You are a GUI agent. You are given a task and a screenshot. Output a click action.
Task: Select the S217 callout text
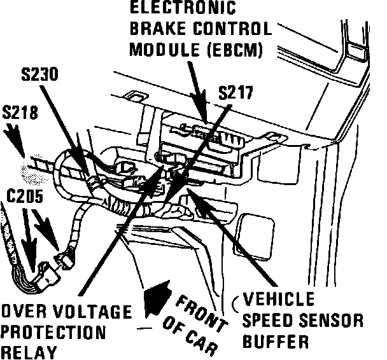tap(235, 93)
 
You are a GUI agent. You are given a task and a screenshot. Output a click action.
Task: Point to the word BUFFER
tap(276, 341)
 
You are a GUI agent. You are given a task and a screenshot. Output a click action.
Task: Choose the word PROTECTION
tap(53, 333)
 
